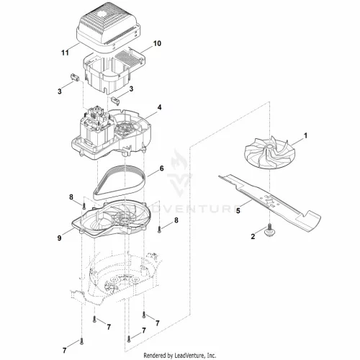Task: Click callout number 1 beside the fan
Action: [305, 136]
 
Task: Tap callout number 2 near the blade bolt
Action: [253, 236]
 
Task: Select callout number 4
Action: [159, 107]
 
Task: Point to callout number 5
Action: [238, 211]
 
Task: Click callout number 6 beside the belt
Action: [161, 168]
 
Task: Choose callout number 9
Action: [59, 238]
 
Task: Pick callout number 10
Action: [157, 43]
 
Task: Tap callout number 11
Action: [65, 53]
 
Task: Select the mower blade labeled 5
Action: [269, 204]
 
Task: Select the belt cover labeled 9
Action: [111, 219]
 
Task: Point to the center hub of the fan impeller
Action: [269, 145]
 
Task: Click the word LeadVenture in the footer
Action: [189, 355]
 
